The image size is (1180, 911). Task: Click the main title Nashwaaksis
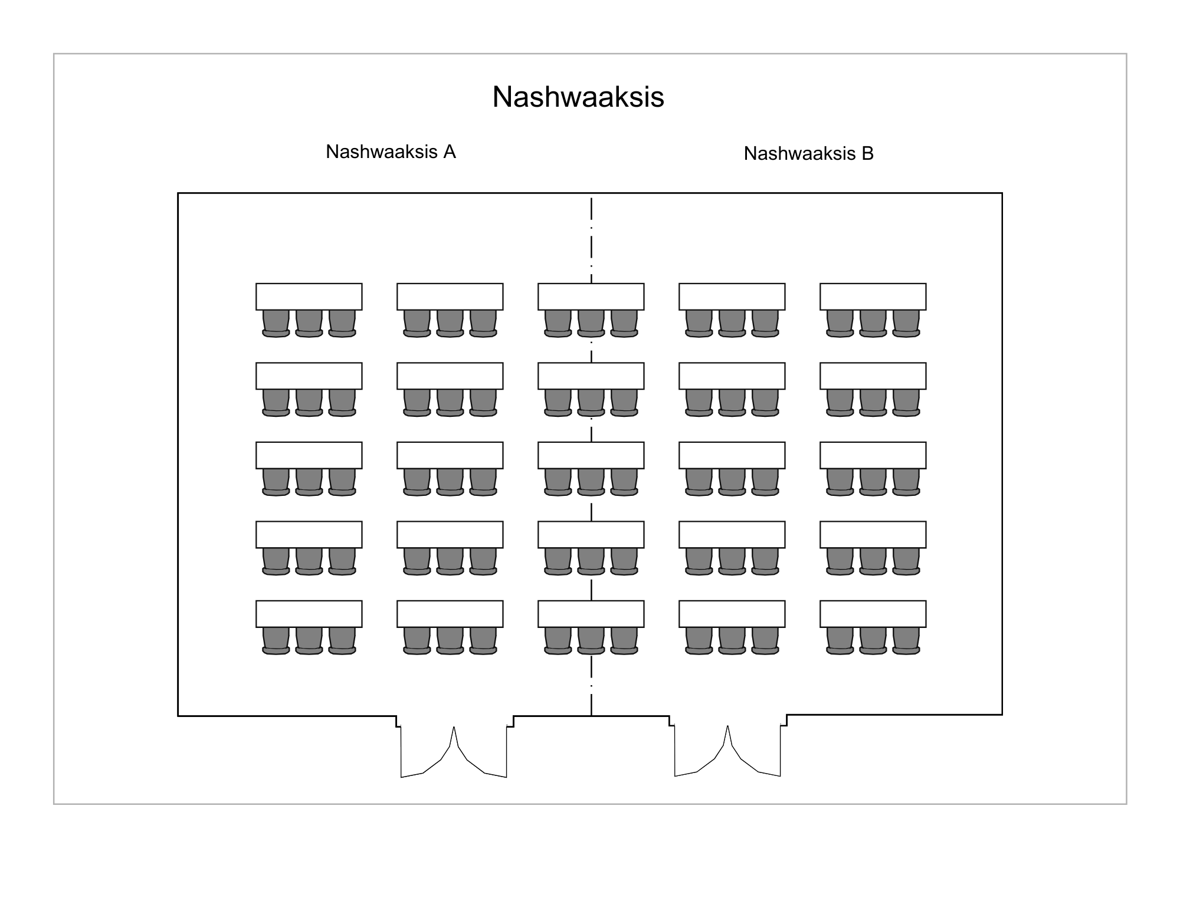coord(578,97)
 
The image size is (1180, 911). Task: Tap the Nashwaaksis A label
coord(391,152)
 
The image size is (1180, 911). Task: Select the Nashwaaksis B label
coord(808,153)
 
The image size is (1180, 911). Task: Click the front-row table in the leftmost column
coord(309,297)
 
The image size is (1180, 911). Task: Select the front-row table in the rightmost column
coord(873,297)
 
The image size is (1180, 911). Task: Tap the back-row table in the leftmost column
coord(309,614)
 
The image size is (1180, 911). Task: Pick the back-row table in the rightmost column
coord(873,614)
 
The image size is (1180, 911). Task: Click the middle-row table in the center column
coord(591,455)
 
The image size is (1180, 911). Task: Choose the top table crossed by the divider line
coord(591,297)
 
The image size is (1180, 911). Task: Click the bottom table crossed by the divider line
coord(591,614)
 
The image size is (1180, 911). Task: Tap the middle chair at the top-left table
coord(309,324)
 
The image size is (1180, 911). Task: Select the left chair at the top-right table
coord(840,324)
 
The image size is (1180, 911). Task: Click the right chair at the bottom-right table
coord(906,641)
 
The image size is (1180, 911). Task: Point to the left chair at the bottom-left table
coord(276,641)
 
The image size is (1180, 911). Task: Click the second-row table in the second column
coord(450,376)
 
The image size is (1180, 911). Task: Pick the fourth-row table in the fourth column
coord(732,534)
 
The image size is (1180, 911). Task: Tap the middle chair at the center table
coord(591,482)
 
